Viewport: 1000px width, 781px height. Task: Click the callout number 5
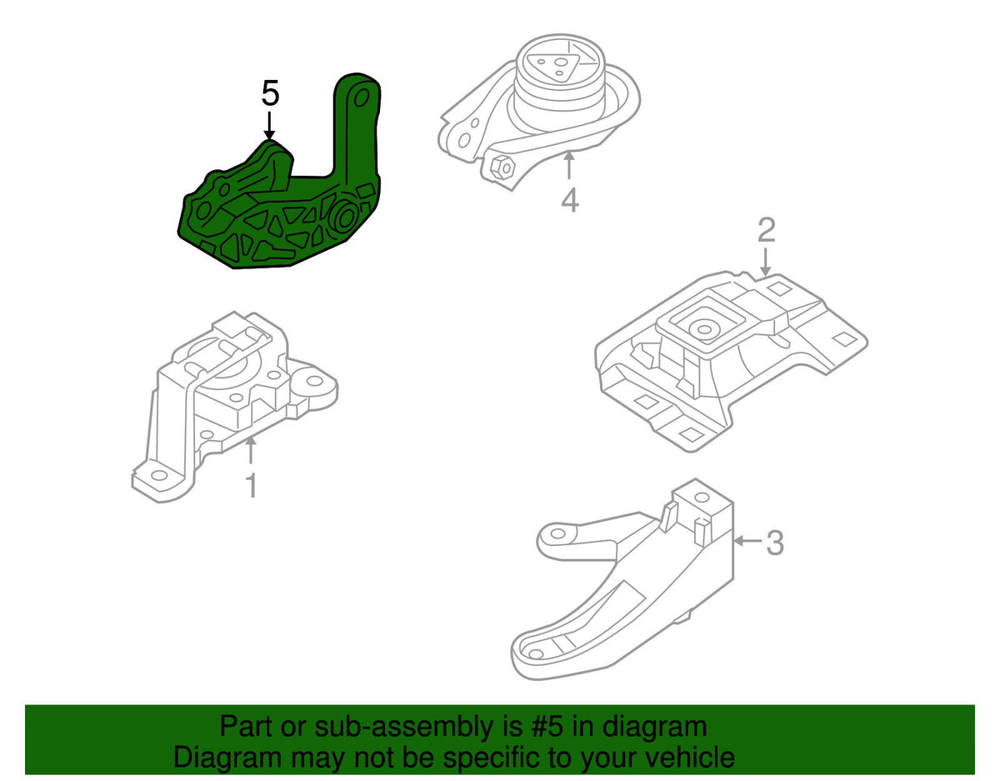point(270,93)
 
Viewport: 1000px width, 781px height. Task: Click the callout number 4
point(570,201)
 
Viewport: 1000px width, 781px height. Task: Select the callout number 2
point(766,230)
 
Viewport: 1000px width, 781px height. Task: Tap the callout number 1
point(252,486)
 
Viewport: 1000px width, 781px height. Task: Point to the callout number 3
point(775,543)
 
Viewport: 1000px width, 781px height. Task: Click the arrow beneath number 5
point(269,125)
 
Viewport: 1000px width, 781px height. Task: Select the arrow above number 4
point(569,166)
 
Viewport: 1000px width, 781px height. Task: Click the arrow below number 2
point(766,262)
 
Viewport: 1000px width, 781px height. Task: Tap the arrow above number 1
point(251,451)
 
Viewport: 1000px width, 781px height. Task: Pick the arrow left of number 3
point(748,542)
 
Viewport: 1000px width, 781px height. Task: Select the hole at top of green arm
point(362,98)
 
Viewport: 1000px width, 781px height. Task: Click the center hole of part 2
point(703,329)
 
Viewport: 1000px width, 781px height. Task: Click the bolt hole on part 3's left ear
point(557,533)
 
